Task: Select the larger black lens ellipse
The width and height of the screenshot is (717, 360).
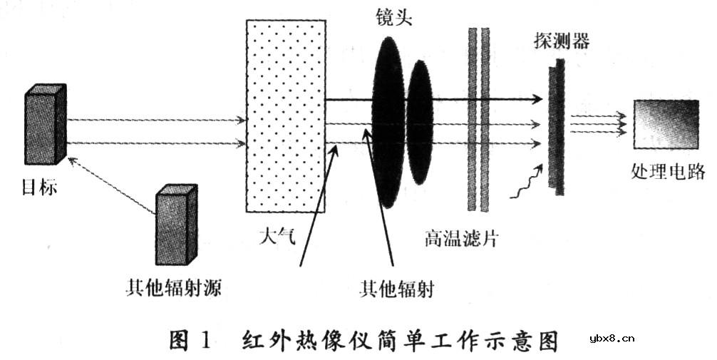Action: click(x=388, y=121)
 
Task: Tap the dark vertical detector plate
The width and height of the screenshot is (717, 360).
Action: click(x=557, y=128)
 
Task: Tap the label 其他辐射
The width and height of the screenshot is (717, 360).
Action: click(x=396, y=290)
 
